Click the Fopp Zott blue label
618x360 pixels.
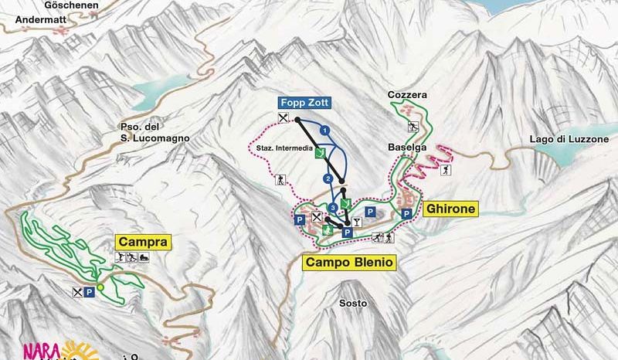point(301,102)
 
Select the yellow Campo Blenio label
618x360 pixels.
point(350,263)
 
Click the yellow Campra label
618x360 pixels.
point(142,242)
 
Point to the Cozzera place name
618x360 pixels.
point(408,95)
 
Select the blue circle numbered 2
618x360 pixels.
point(328,179)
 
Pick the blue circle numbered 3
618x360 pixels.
point(333,208)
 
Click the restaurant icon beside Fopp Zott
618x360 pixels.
point(284,117)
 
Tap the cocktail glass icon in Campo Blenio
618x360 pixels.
point(356,222)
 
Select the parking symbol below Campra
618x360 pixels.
point(90,292)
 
